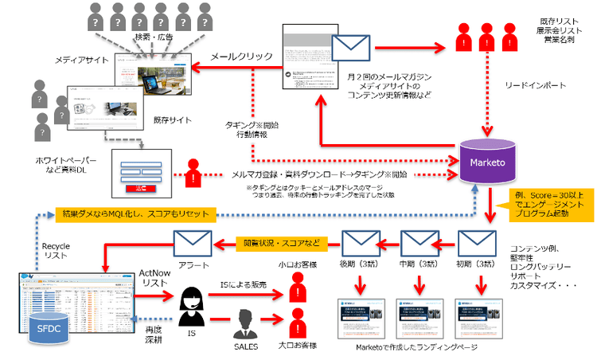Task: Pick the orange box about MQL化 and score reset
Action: pyautogui.click(x=137, y=214)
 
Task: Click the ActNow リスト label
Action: pyautogui.click(x=154, y=279)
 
